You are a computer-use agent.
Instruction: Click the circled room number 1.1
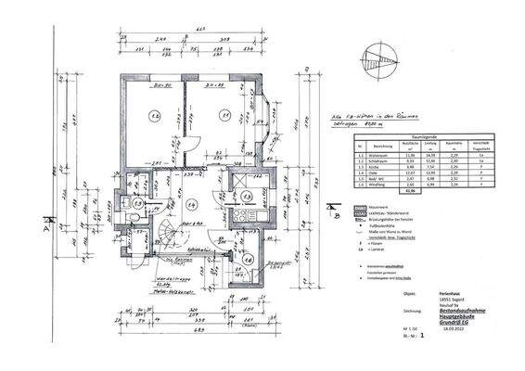pyautogui.click(x=224, y=114)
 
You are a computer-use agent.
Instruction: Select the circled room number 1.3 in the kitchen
pyautogui.click(x=247, y=197)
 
